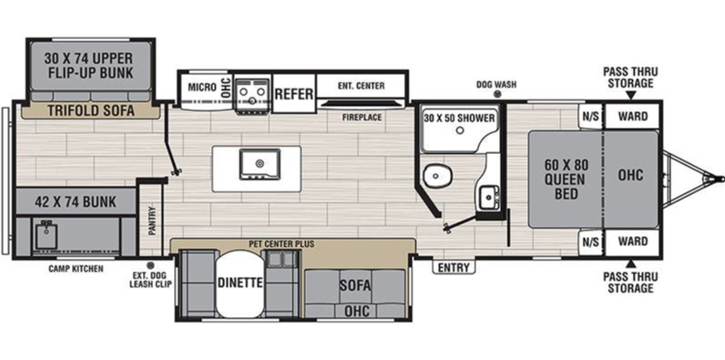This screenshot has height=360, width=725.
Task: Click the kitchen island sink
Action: [260, 164]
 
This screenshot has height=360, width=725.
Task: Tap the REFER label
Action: [294, 94]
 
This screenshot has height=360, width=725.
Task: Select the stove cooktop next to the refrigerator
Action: [252, 96]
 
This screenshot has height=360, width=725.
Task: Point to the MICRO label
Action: [202, 87]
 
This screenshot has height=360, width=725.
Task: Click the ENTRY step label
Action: [454, 267]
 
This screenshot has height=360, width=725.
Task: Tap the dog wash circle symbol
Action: [497, 94]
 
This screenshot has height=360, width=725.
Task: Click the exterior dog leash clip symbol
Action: [149, 265]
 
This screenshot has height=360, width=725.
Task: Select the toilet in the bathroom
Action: [434, 175]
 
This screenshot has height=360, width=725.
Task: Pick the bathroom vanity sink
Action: [488, 198]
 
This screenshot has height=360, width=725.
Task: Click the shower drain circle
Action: [460, 130]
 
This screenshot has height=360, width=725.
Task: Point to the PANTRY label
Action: [152, 221]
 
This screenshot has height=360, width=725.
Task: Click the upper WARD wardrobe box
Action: [632, 116]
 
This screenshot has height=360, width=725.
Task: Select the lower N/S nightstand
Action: [590, 242]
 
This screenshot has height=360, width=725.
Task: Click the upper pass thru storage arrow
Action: [630, 96]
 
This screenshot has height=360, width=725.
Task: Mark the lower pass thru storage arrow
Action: [630, 264]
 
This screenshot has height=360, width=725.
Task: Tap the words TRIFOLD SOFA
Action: [91, 110]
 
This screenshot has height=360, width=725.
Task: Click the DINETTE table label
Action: [240, 283]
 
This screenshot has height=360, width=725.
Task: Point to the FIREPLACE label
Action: [362, 118]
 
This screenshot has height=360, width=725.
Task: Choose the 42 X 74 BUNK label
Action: [76, 201]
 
